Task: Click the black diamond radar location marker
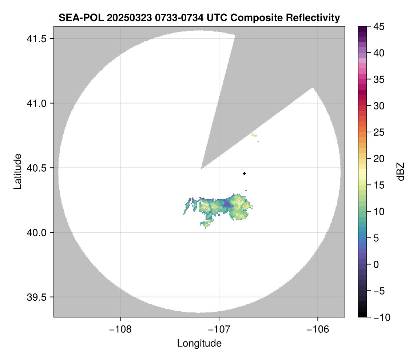click(x=244, y=173)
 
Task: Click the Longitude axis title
click(x=199, y=343)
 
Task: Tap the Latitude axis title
click(x=17, y=171)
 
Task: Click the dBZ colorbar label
click(x=401, y=171)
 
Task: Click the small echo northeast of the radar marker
click(x=255, y=135)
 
